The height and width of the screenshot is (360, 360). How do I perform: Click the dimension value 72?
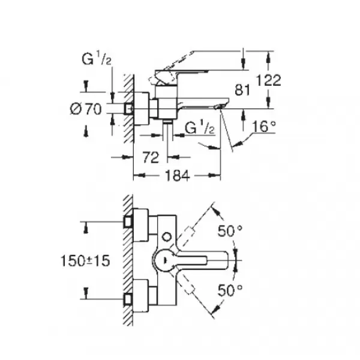point(151,157)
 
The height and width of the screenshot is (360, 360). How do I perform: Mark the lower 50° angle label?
point(229,290)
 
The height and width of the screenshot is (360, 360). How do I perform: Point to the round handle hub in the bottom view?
point(165,260)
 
